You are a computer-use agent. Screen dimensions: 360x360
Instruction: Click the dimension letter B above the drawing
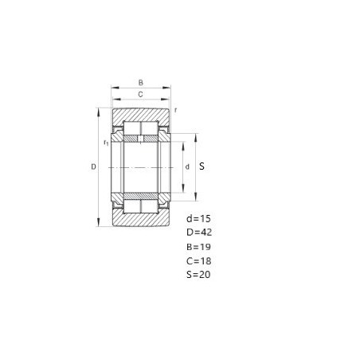tap(141, 83)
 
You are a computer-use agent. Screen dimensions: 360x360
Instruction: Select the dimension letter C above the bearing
tap(140, 94)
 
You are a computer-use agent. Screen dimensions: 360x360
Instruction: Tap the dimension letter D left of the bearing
tap(93, 166)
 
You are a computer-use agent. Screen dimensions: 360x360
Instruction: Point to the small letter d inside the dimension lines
tap(187, 166)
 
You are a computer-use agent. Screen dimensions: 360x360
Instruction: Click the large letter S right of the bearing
tap(202, 166)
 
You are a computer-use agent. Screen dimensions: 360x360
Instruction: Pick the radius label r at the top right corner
tap(175, 110)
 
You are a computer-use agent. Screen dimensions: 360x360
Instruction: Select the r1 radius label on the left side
tap(106, 143)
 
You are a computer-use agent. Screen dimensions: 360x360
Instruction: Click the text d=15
tap(198, 218)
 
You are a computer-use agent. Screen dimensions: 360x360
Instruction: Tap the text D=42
tap(199, 233)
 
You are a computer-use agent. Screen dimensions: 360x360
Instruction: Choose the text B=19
tap(198, 247)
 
